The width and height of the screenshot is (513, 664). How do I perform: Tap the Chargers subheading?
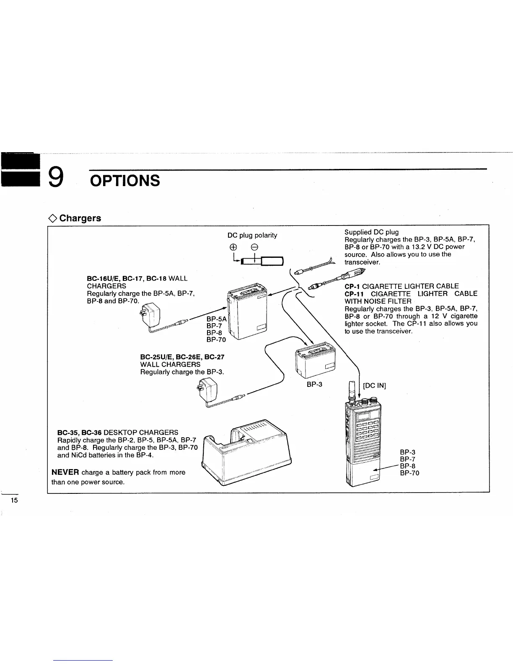point(80,218)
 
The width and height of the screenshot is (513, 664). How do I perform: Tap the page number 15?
point(14,501)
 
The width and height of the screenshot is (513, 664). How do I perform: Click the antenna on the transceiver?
point(352,390)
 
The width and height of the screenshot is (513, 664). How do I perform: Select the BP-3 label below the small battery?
point(314,384)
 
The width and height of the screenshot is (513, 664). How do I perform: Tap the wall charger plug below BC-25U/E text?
point(209,390)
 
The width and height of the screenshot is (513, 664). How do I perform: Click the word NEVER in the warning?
point(65,472)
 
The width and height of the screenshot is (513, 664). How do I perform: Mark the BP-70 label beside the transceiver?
point(409,473)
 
